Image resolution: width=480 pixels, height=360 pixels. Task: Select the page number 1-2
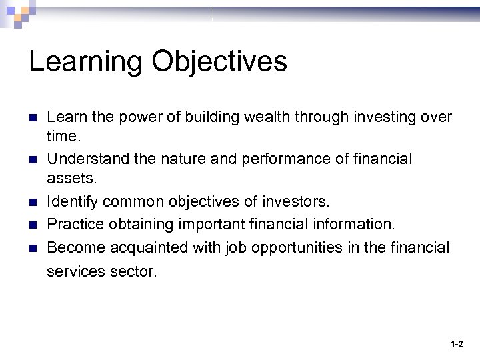(457, 345)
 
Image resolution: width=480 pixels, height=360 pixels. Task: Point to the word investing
(380, 117)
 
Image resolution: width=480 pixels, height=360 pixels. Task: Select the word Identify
(71, 201)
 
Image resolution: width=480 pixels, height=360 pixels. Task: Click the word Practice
(74, 223)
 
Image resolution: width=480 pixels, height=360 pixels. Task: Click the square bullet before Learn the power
(32, 118)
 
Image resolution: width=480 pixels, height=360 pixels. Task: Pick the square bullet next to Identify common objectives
(32, 201)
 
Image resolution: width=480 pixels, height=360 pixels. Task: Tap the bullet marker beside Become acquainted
(32, 247)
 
